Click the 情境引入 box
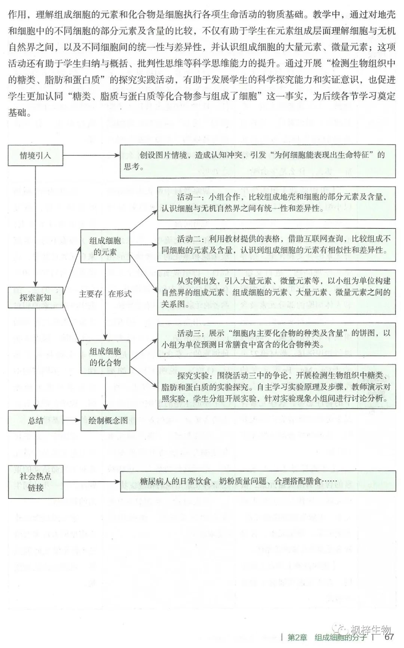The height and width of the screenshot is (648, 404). pos(36,155)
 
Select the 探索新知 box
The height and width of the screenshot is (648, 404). pos(36,298)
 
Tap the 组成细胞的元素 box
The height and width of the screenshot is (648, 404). pos(105,246)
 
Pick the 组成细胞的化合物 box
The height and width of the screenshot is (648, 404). pos(105,357)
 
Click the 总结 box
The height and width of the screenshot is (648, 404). pos(36,421)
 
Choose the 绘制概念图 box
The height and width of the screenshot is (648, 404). pos(108,421)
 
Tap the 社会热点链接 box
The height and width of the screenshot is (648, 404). pos(36,482)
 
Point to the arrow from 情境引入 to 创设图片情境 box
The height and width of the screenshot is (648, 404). pos(91,155)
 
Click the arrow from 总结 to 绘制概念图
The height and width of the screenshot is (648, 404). pos(72,421)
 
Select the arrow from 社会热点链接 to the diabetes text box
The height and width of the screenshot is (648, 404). pos(91,482)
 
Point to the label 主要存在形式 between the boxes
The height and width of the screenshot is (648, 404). pos(105,294)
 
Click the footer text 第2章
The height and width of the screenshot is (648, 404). pos(297,637)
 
